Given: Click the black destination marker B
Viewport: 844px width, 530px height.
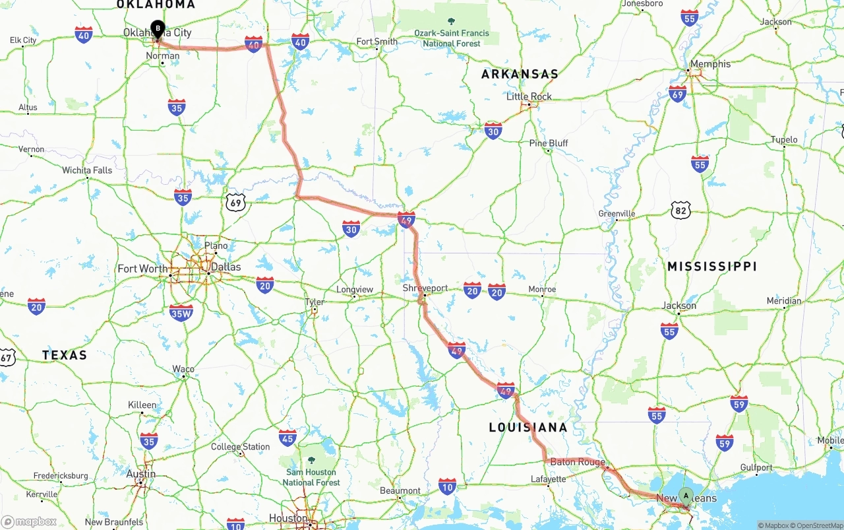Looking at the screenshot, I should [158, 28].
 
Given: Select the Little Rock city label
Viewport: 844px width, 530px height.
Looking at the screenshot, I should [529, 96].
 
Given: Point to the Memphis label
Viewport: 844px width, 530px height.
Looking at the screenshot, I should [709, 64].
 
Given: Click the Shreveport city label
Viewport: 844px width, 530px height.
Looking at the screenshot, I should [425, 288].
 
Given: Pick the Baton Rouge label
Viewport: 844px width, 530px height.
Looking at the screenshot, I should [578, 462].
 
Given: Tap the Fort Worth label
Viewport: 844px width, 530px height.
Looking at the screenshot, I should [142, 269].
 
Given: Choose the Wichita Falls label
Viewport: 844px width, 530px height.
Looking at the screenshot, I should [87, 170].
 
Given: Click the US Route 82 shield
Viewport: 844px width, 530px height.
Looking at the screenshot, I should [680, 211].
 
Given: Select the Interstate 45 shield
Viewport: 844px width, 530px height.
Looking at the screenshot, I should [287, 438].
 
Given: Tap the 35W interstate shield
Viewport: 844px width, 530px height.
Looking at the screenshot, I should [181, 312].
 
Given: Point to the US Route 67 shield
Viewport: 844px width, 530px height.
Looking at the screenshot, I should [7, 357].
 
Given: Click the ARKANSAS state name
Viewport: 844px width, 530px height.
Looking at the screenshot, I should [520, 74].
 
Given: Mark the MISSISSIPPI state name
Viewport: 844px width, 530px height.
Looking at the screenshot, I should [711, 267].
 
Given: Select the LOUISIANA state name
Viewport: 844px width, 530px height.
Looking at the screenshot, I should [527, 427].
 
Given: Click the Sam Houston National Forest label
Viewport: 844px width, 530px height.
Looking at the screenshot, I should [311, 477].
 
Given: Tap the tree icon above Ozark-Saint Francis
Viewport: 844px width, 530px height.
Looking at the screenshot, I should [451, 22].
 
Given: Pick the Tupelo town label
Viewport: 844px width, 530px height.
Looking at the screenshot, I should [784, 140].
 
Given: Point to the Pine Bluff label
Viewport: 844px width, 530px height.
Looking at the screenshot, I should [548, 143].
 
